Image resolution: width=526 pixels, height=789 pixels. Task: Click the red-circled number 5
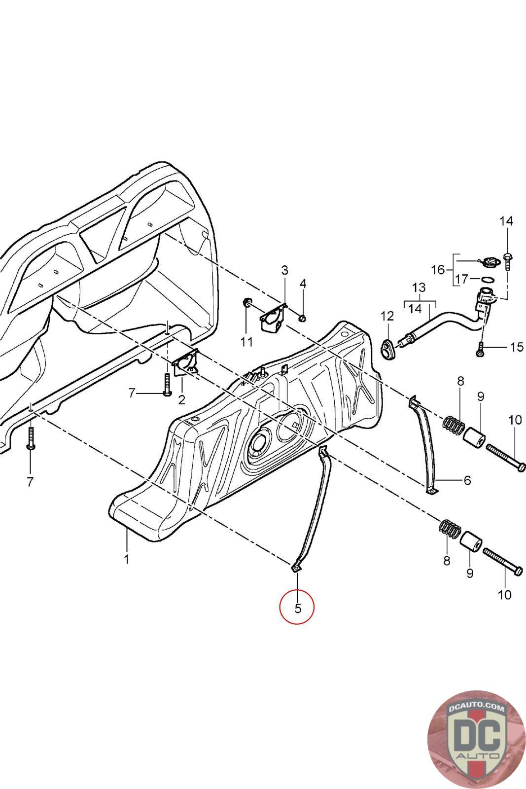coord(297,608)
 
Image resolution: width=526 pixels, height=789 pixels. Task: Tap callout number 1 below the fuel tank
coord(127,559)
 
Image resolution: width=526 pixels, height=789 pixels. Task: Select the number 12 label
coord(387,315)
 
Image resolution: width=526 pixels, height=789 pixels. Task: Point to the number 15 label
coord(516,347)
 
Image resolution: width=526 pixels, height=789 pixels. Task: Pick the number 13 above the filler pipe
coord(419,287)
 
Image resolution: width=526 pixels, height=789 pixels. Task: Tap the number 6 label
coord(467,480)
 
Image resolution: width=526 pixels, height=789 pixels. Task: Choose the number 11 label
coord(246,341)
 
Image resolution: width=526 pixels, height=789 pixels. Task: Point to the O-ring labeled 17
coord(488,280)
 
